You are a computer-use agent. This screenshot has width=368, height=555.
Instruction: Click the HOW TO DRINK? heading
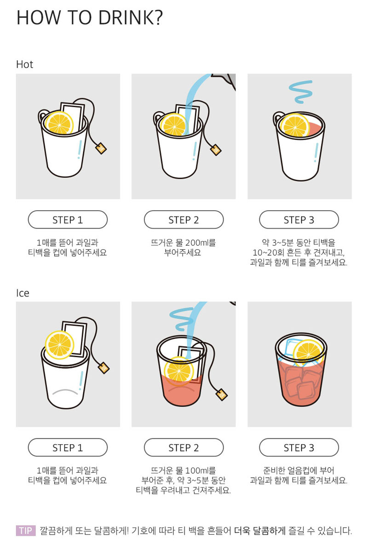pyautogui.click(x=89, y=17)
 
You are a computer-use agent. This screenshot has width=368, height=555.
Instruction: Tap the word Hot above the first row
pyautogui.click(x=24, y=64)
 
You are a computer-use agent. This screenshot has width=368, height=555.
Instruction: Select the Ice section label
pyautogui.click(x=23, y=293)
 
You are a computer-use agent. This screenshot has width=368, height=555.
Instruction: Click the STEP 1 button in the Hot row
pyautogui.click(x=68, y=220)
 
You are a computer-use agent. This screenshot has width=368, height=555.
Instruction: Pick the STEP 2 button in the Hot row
pyautogui.click(x=184, y=220)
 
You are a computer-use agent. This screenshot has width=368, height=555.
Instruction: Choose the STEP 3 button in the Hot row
pyautogui.click(x=299, y=220)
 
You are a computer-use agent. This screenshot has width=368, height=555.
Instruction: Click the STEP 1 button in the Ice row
pyautogui.click(x=68, y=447)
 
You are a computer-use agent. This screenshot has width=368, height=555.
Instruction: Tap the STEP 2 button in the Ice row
pyautogui.click(x=184, y=447)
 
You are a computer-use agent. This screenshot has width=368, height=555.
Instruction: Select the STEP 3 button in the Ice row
pyautogui.click(x=299, y=447)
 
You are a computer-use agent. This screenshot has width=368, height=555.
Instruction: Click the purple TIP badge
pyautogui.click(x=26, y=531)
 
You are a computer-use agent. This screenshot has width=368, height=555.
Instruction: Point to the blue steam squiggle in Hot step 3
pyautogui.click(x=300, y=92)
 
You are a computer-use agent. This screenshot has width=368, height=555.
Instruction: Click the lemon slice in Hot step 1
pyautogui.click(x=59, y=123)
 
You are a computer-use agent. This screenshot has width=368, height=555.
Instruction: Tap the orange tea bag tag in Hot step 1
pyautogui.click(x=101, y=148)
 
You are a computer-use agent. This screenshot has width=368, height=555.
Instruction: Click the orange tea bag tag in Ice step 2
pyautogui.click(x=222, y=395)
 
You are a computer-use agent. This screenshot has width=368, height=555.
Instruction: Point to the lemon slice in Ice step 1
pyautogui.click(x=60, y=345)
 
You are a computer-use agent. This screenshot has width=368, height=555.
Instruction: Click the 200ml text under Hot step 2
pyautogui.click(x=197, y=243)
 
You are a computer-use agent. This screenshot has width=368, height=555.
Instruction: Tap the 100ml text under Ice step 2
pyautogui.click(x=197, y=470)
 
